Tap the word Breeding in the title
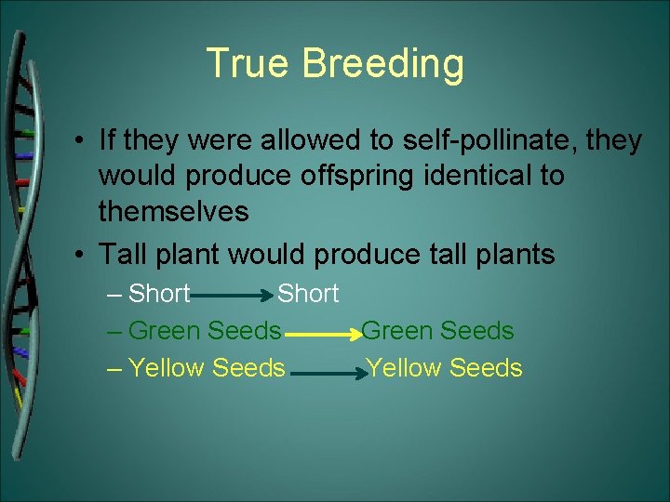tap(383, 64)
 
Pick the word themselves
tap(173, 212)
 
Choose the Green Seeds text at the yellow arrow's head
tap(437, 331)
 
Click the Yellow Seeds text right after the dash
tap(207, 368)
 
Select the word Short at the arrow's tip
tap(308, 294)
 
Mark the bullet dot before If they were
tap(83, 141)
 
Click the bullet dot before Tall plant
tap(83, 254)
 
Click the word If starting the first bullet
tap(107, 140)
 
